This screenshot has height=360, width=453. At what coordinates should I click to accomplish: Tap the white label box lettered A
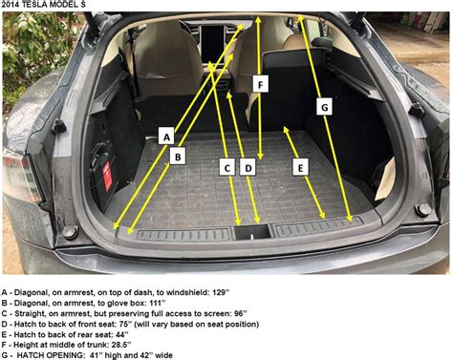[x=166, y=138]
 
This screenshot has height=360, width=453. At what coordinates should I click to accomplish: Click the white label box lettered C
[x=227, y=166]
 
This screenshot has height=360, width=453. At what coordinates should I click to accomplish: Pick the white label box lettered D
[x=248, y=166]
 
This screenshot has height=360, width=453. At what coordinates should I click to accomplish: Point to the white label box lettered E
[x=301, y=166]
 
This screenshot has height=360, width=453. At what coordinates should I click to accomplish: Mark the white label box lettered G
[x=324, y=108]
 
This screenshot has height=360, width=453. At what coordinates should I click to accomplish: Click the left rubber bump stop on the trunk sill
[x=69, y=232]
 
